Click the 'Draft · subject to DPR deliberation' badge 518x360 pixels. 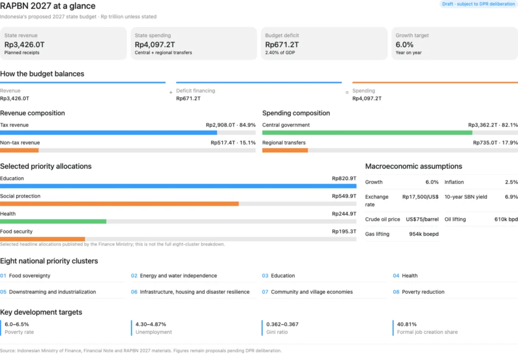click(x=479, y=4)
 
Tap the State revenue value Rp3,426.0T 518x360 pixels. click(x=24, y=45)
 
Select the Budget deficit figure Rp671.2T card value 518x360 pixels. click(x=282, y=45)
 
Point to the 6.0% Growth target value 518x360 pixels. click(x=404, y=45)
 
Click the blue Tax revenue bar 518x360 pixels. click(x=108, y=133)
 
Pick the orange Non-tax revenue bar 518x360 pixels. click(x=19, y=150)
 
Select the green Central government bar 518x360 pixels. click(x=367, y=133)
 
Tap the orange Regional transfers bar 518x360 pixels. click(x=285, y=150)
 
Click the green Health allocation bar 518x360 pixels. click(x=53, y=221)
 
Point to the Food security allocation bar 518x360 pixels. click(x=42, y=239)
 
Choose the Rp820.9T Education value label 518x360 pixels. click(x=344, y=179)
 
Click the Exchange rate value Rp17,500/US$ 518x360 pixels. click(x=420, y=197)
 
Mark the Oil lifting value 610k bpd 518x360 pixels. click(x=506, y=220)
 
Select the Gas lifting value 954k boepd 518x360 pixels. click(x=424, y=234)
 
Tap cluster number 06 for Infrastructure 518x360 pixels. click(x=134, y=292)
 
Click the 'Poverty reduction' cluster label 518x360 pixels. click(x=423, y=292)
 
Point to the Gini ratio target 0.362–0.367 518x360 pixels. click(x=282, y=324)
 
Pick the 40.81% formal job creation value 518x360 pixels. click(x=407, y=324)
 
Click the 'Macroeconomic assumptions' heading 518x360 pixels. click(x=414, y=166)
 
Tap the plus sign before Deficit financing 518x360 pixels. click(x=171, y=93)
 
